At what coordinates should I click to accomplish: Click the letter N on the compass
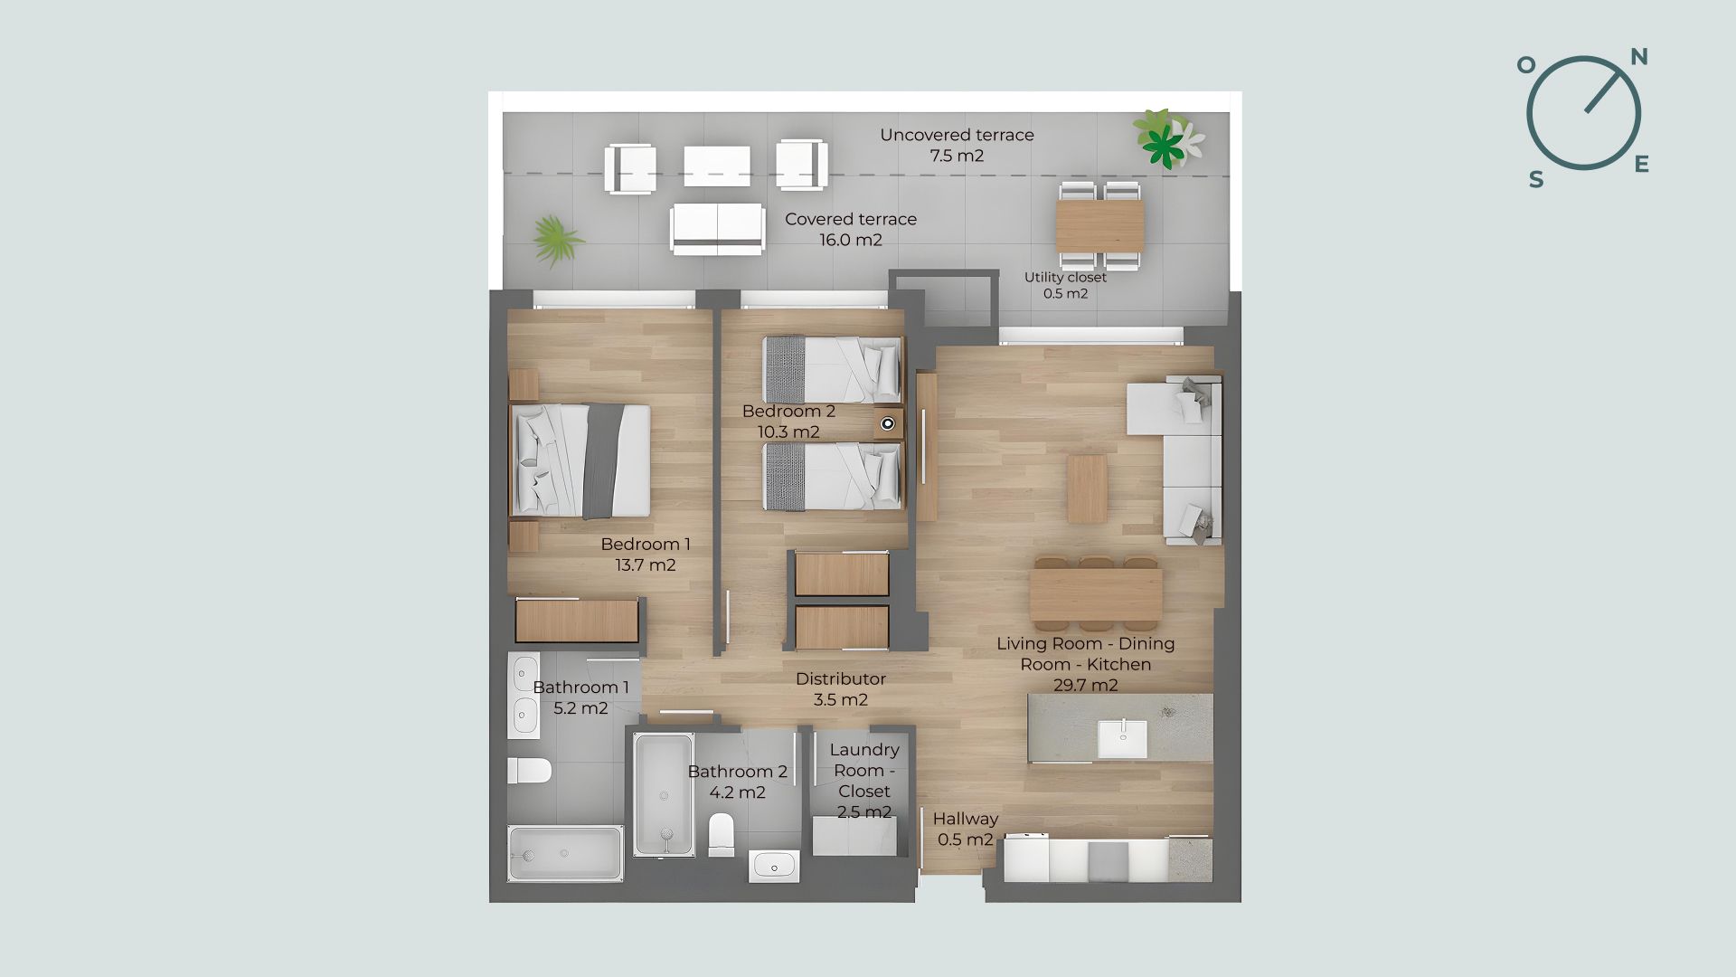click(x=1638, y=58)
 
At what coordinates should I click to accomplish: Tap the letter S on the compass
click(x=1536, y=180)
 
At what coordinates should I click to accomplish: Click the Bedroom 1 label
click(x=646, y=545)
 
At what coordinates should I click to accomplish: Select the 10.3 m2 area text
click(x=789, y=432)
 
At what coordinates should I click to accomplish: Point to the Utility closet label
click(x=1065, y=278)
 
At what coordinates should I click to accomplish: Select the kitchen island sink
click(x=1122, y=739)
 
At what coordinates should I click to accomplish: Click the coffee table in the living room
click(x=1087, y=488)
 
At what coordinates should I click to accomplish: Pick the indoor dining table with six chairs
click(x=1096, y=593)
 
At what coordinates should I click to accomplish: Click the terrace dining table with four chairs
click(x=1099, y=226)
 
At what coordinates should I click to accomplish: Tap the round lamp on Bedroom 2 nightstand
click(x=888, y=422)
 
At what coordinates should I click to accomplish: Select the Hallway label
click(x=966, y=819)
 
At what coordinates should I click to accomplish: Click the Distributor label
click(x=841, y=678)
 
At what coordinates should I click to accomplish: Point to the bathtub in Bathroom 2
click(x=664, y=794)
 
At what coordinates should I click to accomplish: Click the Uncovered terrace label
click(x=957, y=135)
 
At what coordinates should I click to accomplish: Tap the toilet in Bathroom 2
click(x=722, y=834)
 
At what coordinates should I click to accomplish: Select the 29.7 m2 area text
click(x=1086, y=685)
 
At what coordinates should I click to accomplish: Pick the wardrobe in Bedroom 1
click(x=578, y=621)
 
